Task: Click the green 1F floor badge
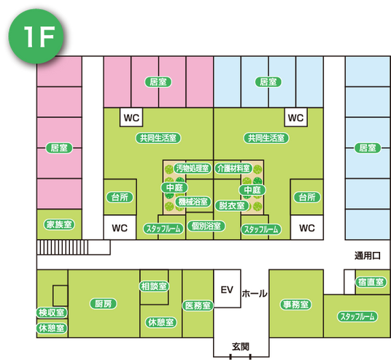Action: coord(36,36)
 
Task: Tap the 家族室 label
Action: coord(59,224)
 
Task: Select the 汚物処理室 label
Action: coord(193,168)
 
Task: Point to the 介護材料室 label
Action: coord(233,168)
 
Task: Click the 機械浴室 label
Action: coord(193,202)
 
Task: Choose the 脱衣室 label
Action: coord(232,205)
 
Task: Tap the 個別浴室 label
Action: coord(206,226)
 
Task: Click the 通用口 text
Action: coord(368,256)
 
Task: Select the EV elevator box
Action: coord(227,288)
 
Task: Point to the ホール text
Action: coord(255,294)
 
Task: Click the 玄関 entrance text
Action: coord(241,347)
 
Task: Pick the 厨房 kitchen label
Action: coord(104,304)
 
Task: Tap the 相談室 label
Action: coord(154,286)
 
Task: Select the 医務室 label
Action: coord(198,305)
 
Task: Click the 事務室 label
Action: coord(296,305)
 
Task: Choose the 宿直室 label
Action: coord(371,282)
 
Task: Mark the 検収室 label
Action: coord(52,313)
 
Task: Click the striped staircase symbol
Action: coord(62,247)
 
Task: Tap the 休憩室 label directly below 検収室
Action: coord(52,328)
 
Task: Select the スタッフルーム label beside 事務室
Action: coord(357,316)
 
